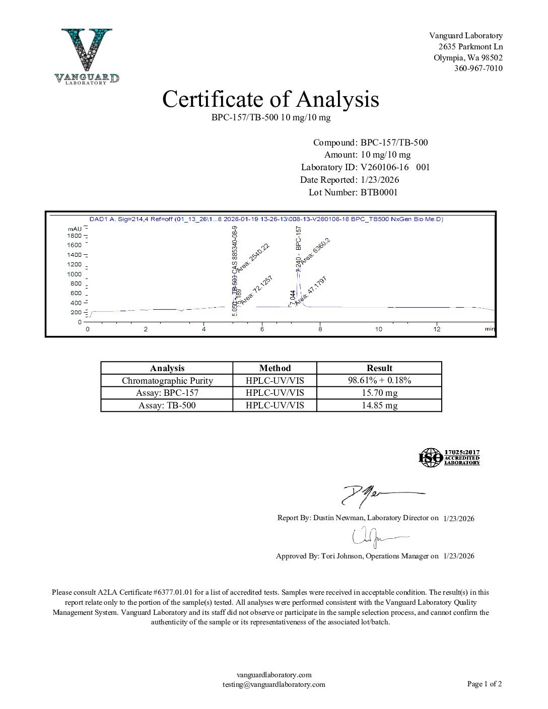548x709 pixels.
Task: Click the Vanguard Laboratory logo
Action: click(87, 56)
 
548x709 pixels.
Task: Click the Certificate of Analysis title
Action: click(270, 99)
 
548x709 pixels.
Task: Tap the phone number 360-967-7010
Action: click(478, 68)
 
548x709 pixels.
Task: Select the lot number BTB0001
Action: click(379, 192)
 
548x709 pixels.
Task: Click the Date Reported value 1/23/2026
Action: click(380, 180)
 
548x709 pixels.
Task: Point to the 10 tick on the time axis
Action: click(378, 329)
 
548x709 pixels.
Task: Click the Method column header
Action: click(275, 368)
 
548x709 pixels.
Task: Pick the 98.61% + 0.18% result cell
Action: click(379, 380)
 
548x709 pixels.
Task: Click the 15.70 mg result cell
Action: click(379, 393)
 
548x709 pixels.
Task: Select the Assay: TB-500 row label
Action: click(167, 405)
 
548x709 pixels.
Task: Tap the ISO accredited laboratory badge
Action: click(449, 457)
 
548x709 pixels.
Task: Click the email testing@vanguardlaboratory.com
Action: click(273, 684)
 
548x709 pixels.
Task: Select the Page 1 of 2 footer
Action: click(484, 684)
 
